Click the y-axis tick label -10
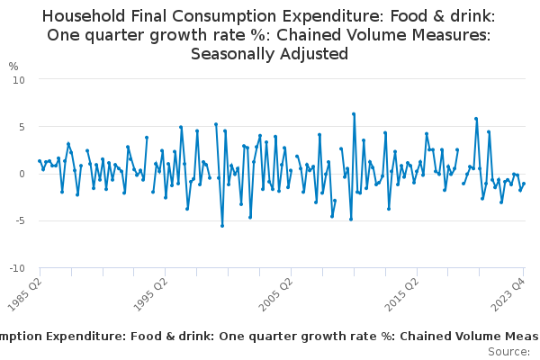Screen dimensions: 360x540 pos(18,268)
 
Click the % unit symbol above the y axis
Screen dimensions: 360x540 pos(13,66)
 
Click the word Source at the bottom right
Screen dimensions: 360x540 pos(508,351)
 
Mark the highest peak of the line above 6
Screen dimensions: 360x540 pos(354,114)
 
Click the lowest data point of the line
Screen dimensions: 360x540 pos(222,226)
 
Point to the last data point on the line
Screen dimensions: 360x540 pos(524,184)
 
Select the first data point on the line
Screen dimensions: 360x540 pos(40,161)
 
